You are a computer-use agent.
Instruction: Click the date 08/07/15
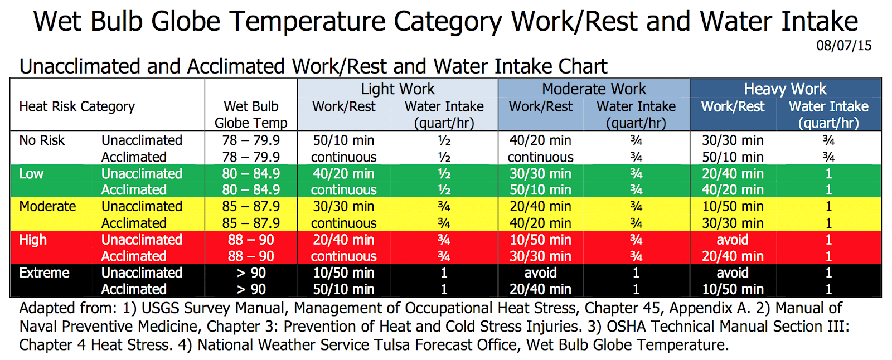[x=843, y=46]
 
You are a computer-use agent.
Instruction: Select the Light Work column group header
[x=397, y=89]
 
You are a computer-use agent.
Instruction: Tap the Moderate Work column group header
[x=594, y=89]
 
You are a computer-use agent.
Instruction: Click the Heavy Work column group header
[x=785, y=89]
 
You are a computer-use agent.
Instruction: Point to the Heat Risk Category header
[x=77, y=106]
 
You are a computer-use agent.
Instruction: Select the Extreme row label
[x=44, y=273]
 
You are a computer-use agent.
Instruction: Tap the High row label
[x=33, y=240]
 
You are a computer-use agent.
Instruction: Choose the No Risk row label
[x=42, y=140]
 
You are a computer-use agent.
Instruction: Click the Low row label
[x=31, y=174]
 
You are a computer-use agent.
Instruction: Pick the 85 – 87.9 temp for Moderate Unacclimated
[x=251, y=207]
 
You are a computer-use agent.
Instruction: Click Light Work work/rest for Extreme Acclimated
[x=343, y=290]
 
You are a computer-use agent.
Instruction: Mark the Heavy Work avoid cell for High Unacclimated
[x=733, y=240]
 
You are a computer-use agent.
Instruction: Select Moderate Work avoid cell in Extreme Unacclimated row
[x=540, y=273]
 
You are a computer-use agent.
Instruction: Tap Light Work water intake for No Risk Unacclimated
[x=444, y=140]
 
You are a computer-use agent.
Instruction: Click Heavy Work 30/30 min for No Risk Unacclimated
[x=733, y=140]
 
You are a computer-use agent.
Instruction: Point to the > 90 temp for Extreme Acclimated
[x=251, y=290]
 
